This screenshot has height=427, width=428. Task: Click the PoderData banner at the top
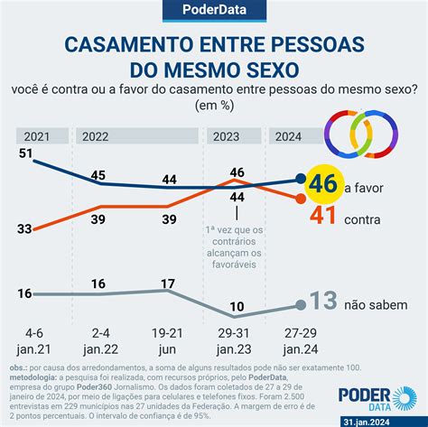pos(214,12)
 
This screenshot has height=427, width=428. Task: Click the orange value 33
pos(27,229)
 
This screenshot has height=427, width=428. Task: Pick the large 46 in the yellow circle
pos(322,184)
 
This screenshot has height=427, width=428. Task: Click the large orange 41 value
pos(323,215)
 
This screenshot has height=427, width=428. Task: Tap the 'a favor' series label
pos(367,187)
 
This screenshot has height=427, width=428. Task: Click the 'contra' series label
pos(364,218)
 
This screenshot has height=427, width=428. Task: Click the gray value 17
pos(167,283)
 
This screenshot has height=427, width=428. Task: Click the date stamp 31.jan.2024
pos(386,419)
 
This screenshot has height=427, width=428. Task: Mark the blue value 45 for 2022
pos(99,175)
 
